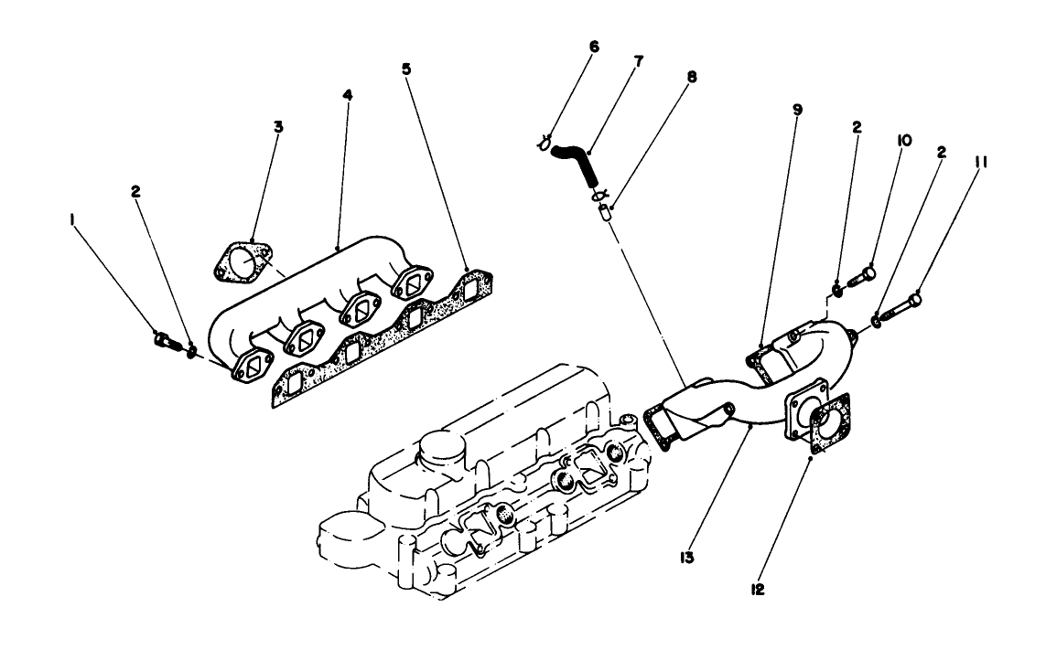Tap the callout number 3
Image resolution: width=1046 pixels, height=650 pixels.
(278, 126)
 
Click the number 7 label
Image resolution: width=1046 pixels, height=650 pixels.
(638, 61)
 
